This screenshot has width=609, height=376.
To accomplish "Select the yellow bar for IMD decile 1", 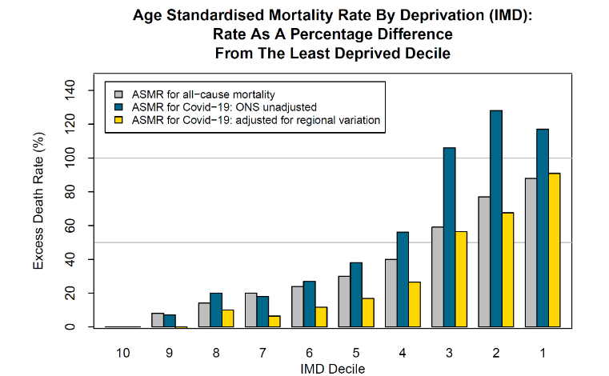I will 553,250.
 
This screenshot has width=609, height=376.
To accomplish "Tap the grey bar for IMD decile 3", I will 437,277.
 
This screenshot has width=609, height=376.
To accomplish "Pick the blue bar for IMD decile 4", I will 403,279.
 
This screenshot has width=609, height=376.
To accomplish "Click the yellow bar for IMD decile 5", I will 368,313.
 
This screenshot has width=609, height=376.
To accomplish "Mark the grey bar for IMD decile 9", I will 158,320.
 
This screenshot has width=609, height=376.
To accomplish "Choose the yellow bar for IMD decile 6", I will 322,317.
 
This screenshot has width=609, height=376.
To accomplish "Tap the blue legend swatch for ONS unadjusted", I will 118,107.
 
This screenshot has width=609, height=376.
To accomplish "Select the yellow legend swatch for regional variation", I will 118,120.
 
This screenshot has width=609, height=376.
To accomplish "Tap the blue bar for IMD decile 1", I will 543,228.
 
